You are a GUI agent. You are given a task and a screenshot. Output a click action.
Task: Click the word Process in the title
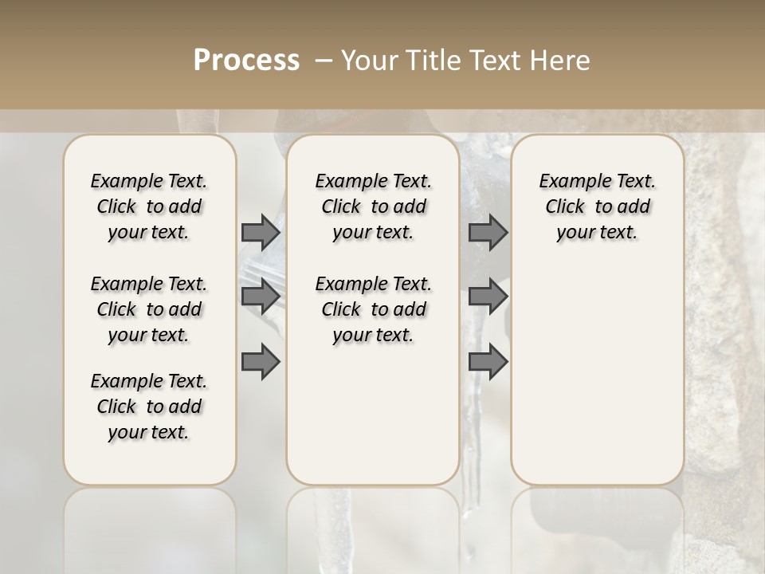246,61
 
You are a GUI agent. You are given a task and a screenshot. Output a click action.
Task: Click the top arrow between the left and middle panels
261,232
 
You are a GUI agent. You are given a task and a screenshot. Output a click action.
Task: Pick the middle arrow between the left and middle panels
261,297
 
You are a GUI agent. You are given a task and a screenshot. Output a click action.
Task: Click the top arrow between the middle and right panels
488,232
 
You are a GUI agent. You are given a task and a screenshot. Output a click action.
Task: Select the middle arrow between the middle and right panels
488,297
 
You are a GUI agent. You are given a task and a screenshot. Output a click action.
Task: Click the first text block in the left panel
149,206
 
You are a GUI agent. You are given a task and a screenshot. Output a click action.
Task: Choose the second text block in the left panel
149,309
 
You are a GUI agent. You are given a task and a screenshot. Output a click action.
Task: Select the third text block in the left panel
149,407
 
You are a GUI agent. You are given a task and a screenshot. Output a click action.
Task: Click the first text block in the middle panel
373,206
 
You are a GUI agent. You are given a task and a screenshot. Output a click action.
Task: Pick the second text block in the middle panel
373,309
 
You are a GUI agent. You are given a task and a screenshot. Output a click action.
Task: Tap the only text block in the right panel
598,206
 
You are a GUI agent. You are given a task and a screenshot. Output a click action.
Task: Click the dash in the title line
323,61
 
